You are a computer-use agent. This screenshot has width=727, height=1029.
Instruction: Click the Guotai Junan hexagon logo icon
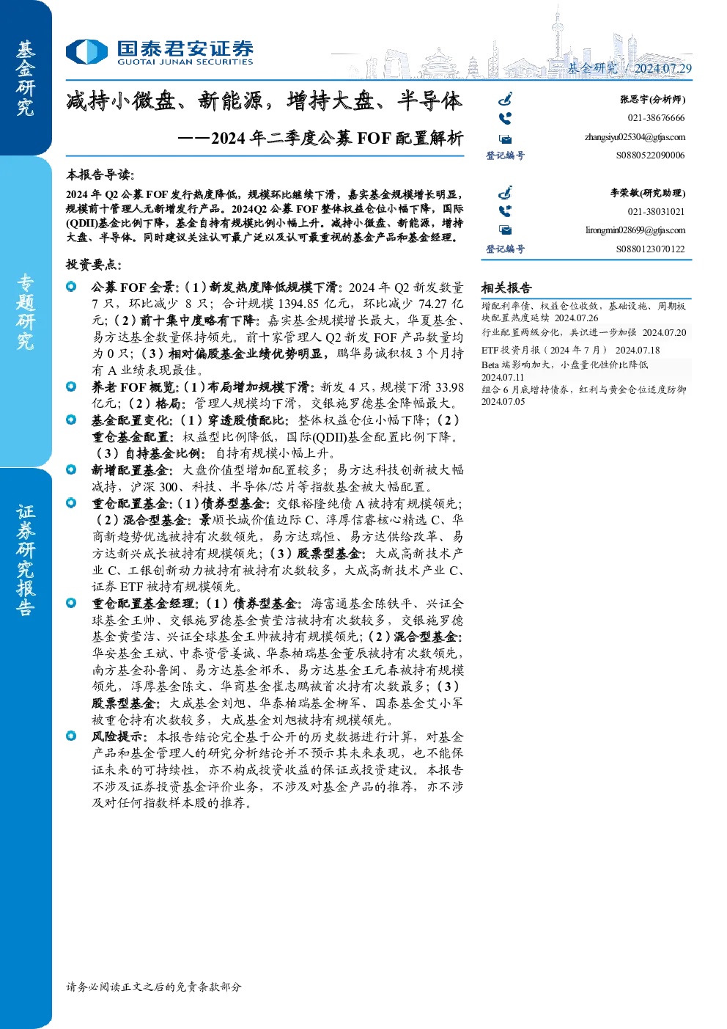click(x=86, y=51)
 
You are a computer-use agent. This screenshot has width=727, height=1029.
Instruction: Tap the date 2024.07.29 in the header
click(x=663, y=68)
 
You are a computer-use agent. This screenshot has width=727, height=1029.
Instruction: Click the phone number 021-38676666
click(x=656, y=118)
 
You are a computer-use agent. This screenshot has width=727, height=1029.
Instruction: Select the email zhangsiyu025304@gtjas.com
click(x=635, y=137)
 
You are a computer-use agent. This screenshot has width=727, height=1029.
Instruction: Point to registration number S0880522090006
click(x=650, y=155)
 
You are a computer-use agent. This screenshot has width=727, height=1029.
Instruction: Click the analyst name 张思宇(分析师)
click(x=653, y=99)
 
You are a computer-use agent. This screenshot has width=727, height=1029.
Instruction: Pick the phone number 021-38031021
click(x=656, y=212)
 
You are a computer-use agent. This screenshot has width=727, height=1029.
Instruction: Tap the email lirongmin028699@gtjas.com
click(x=635, y=230)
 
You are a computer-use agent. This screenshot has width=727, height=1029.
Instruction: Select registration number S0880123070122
click(x=650, y=249)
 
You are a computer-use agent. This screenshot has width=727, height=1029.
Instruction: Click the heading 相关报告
click(x=506, y=288)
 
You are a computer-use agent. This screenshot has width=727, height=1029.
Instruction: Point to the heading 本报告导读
click(x=100, y=175)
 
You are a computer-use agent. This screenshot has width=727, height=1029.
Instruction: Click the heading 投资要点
click(x=94, y=265)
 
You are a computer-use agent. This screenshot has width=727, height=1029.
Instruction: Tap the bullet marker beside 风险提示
click(x=71, y=736)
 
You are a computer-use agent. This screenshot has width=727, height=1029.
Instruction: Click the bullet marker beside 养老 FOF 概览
click(x=71, y=387)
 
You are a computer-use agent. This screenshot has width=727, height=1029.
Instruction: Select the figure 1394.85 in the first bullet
click(x=298, y=304)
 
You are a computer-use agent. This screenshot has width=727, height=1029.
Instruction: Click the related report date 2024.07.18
click(x=638, y=350)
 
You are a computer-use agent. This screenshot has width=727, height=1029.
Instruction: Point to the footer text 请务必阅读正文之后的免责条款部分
click(x=153, y=986)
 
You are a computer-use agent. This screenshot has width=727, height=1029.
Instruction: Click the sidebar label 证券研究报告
click(x=25, y=560)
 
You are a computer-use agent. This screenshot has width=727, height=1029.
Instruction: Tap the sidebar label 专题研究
click(x=25, y=312)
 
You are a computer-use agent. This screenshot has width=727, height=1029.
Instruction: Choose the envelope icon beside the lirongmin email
click(x=506, y=230)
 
